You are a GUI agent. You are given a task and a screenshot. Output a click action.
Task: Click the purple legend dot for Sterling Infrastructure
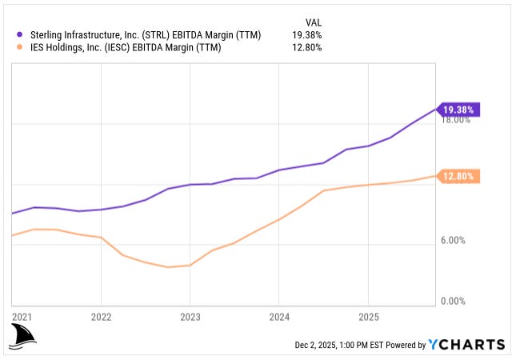pos(20,35)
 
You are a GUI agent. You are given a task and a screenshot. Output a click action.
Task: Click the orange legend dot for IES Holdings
pos(20,48)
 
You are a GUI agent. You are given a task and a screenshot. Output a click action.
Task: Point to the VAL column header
pos(314,22)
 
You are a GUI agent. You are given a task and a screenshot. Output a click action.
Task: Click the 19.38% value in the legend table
pos(306,35)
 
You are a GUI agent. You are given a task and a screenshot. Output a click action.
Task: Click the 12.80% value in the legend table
pos(306,48)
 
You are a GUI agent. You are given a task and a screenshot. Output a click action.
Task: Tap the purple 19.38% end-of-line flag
pos(458,109)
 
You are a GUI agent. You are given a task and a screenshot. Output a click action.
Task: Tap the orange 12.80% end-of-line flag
pos(458,176)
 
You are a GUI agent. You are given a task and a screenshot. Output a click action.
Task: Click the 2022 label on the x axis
pos(101,316)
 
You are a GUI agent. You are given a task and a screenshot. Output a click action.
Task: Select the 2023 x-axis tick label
pos(190,316)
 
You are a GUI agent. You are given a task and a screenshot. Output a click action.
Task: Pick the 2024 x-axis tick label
pos(278,316)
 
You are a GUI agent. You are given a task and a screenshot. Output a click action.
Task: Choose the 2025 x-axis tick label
pos(366,316)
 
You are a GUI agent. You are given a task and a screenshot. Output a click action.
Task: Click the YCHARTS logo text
pos(467,345)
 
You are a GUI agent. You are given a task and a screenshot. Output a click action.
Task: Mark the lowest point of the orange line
pos(168,267)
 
